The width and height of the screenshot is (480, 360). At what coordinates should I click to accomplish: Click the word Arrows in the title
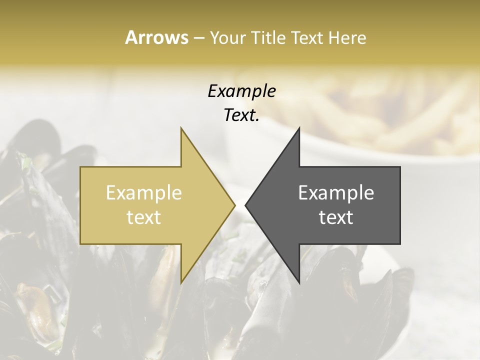click(x=156, y=37)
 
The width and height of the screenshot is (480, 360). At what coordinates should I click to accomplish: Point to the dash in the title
click(x=198, y=38)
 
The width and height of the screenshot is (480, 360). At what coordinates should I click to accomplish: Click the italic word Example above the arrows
click(x=241, y=91)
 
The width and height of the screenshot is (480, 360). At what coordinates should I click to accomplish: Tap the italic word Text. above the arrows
click(x=241, y=115)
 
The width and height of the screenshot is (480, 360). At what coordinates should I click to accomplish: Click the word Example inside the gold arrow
click(x=144, y=193)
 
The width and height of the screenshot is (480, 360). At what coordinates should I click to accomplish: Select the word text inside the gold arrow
click(x=144, y=217)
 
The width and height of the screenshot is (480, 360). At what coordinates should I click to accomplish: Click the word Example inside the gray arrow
click(x=336, y=193)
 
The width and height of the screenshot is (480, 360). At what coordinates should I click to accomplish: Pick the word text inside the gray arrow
click(x=336, y=217)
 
